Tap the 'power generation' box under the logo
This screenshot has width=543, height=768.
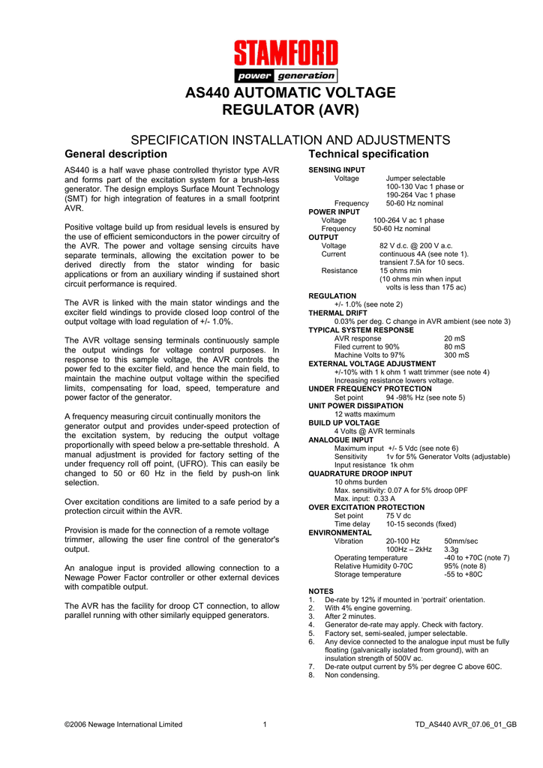pos(285,76)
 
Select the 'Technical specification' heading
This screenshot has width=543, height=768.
pos(369,154)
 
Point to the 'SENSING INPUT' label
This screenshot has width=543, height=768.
pos(337,170)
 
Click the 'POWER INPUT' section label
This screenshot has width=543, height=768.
pos(334,212)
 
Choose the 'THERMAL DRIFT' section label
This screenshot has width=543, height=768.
pos(338,313)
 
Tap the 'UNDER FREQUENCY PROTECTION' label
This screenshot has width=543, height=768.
pos(370,389)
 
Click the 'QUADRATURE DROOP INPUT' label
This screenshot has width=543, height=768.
pos(361,474)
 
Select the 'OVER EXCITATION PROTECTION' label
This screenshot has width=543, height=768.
pos(367,508)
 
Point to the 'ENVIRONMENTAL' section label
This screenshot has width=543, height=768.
pos(340,532)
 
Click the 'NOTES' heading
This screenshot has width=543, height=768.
pos(321,592)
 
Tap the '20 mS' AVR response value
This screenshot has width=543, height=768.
pos(454,338)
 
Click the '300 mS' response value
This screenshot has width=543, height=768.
pos(457,355)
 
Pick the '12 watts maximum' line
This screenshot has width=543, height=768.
pos(364,415)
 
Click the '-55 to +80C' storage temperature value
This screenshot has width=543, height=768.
pos(463,574)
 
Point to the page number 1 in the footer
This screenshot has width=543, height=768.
pos(265,724)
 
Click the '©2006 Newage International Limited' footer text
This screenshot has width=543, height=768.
pos(123,724)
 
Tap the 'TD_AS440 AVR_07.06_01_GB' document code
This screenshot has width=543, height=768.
pos(466,724)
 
